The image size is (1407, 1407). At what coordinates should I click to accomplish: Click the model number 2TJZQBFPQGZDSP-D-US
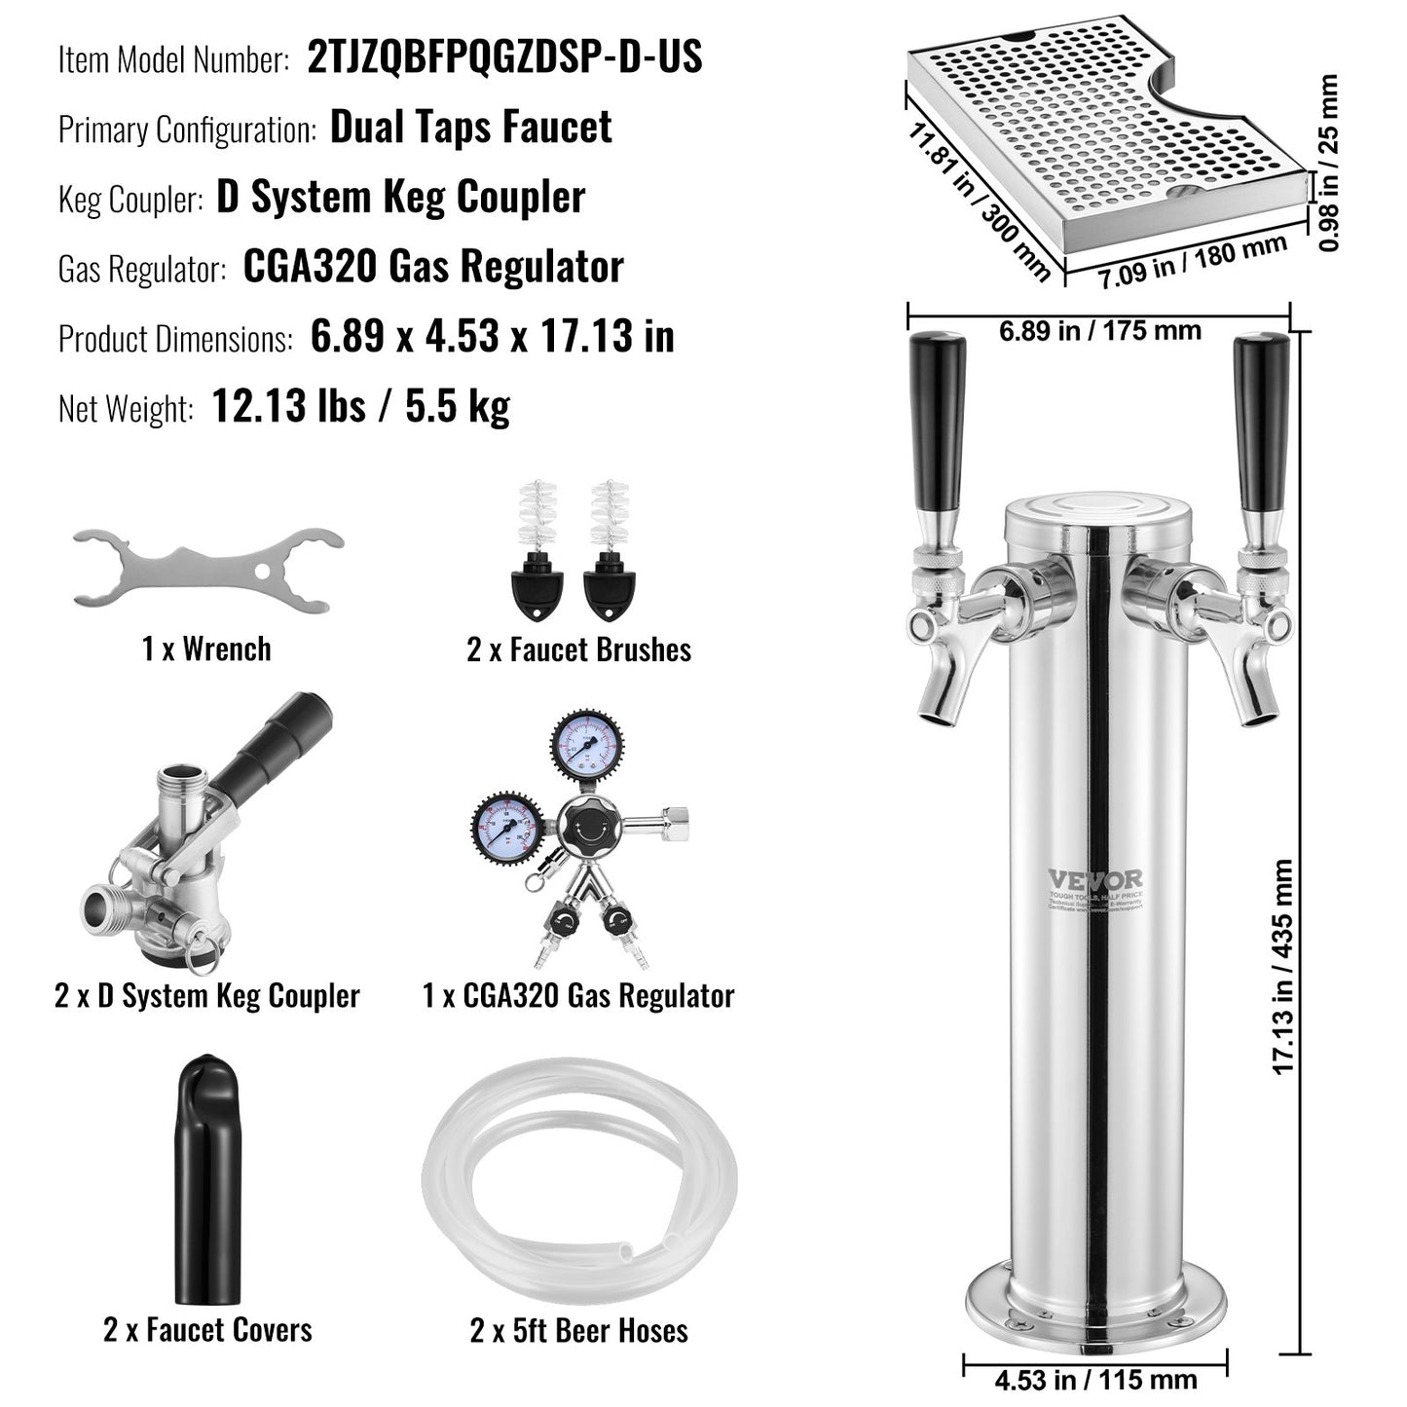pos(504,56)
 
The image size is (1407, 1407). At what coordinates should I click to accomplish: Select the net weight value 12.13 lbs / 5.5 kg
pos(360,406)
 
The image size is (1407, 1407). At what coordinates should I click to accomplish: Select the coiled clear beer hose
pos(578,1182)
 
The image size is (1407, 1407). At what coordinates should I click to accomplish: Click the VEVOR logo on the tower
pos(1095,879)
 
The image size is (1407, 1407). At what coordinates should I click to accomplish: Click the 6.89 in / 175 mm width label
pos(1099,331)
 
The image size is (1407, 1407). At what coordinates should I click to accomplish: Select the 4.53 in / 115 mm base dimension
pos(1095,1380)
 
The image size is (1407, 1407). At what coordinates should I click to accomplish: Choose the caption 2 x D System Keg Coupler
pos(207,996)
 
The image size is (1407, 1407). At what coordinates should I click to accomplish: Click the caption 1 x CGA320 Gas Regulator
pos(578,996)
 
